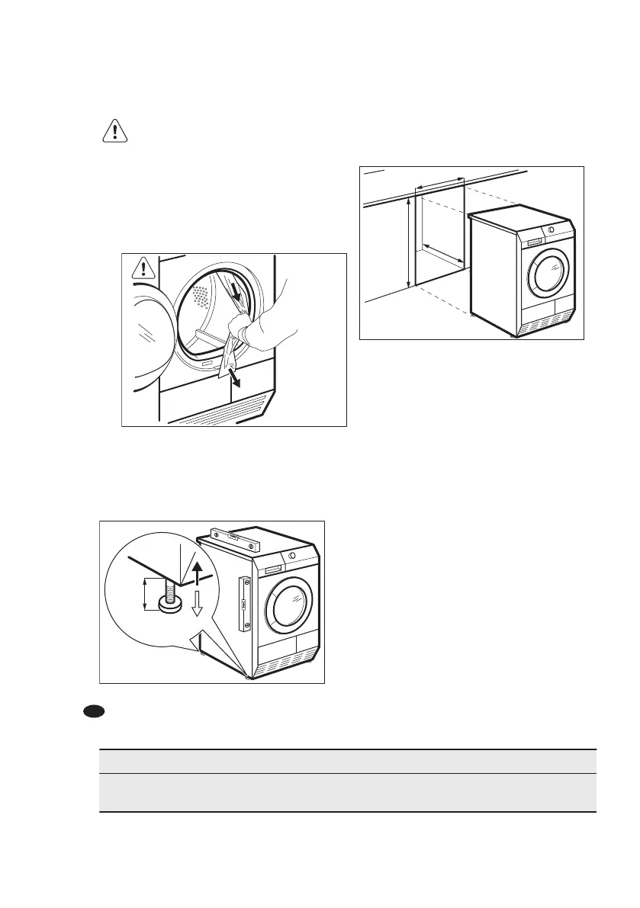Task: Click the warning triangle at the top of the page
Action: coord(114,131)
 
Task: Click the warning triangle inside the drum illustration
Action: coord(143,268)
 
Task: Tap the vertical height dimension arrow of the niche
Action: coord(410,242)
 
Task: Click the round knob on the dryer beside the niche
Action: coord(550,229)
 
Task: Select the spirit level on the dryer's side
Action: coord(244,604)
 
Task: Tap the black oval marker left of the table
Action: coord(93,711)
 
